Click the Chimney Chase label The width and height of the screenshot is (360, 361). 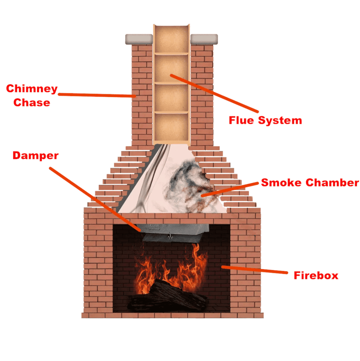click(31, 95)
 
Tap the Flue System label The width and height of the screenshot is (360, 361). click(265, 120)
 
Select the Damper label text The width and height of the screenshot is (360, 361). click(36, 156)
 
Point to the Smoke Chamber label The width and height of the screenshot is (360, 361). click(310, 182)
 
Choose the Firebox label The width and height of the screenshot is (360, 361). click(315, 275)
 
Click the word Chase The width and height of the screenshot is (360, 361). click(31, 102)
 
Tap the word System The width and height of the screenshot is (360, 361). click(283, 120)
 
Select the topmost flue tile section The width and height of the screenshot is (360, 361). click(172, 38)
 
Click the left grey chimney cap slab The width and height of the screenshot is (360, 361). click(140, 38)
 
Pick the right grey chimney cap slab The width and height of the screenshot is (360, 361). click(204, 38)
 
